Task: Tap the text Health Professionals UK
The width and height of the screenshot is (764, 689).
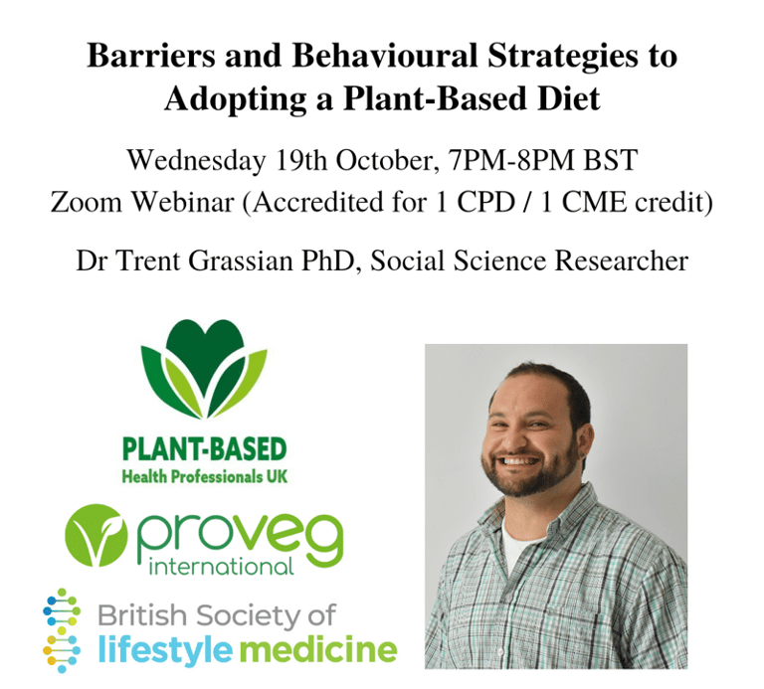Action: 204,476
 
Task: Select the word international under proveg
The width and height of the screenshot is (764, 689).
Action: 220,568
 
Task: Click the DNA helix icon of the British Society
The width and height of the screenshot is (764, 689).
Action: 62,629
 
